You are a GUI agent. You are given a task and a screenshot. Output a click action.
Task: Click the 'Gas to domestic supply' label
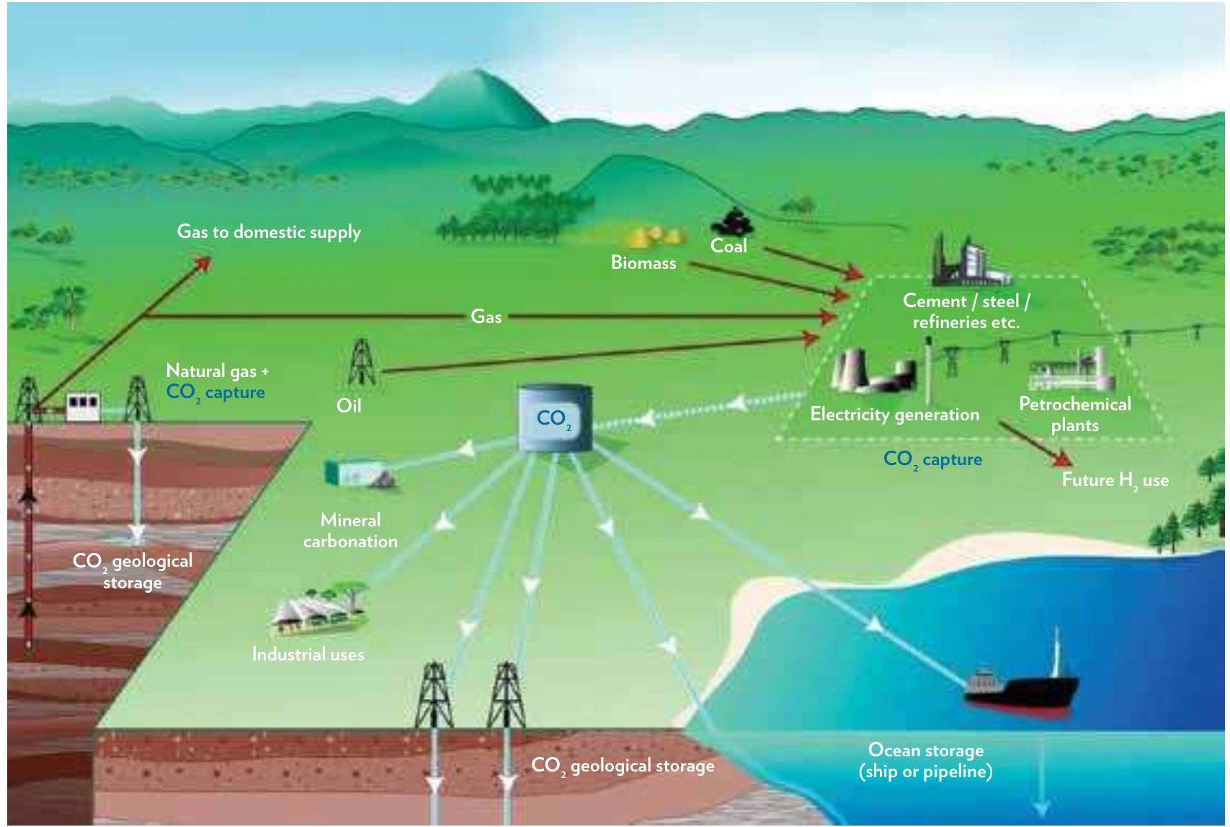coord(269,232)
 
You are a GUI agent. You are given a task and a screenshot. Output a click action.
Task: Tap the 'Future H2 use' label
coord(1115,481)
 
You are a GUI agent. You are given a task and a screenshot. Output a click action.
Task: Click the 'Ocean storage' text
coord(925,751)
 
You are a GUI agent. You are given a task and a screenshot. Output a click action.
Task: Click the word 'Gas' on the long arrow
coord(486,317)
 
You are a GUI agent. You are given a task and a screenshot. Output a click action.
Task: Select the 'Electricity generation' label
coord(894,415)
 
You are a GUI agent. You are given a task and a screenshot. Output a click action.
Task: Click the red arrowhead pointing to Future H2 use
coord(1063,459)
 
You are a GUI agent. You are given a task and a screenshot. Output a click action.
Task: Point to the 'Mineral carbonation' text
coord(350,531)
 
